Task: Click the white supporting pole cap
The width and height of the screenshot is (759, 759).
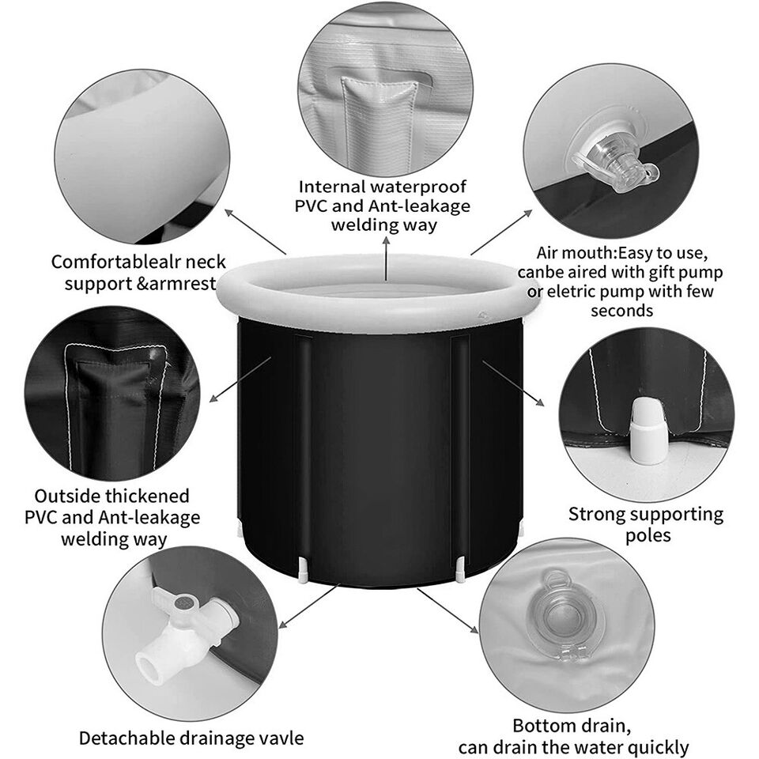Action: coord(648,431)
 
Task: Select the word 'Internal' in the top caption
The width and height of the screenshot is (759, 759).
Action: coord(332,187)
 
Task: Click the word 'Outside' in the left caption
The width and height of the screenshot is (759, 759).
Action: coord(66,497)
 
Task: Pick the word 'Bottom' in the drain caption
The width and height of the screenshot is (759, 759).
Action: coord(542,726)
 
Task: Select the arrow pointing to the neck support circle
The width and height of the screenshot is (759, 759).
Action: coord(255,232)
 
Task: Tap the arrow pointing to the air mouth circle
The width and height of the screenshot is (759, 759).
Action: coord(501,232)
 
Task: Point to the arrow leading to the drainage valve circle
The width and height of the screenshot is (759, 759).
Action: coord(308,606)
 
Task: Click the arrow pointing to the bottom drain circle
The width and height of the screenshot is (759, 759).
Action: coord(447,611)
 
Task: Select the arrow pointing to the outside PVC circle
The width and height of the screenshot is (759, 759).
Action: coord(240,379)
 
